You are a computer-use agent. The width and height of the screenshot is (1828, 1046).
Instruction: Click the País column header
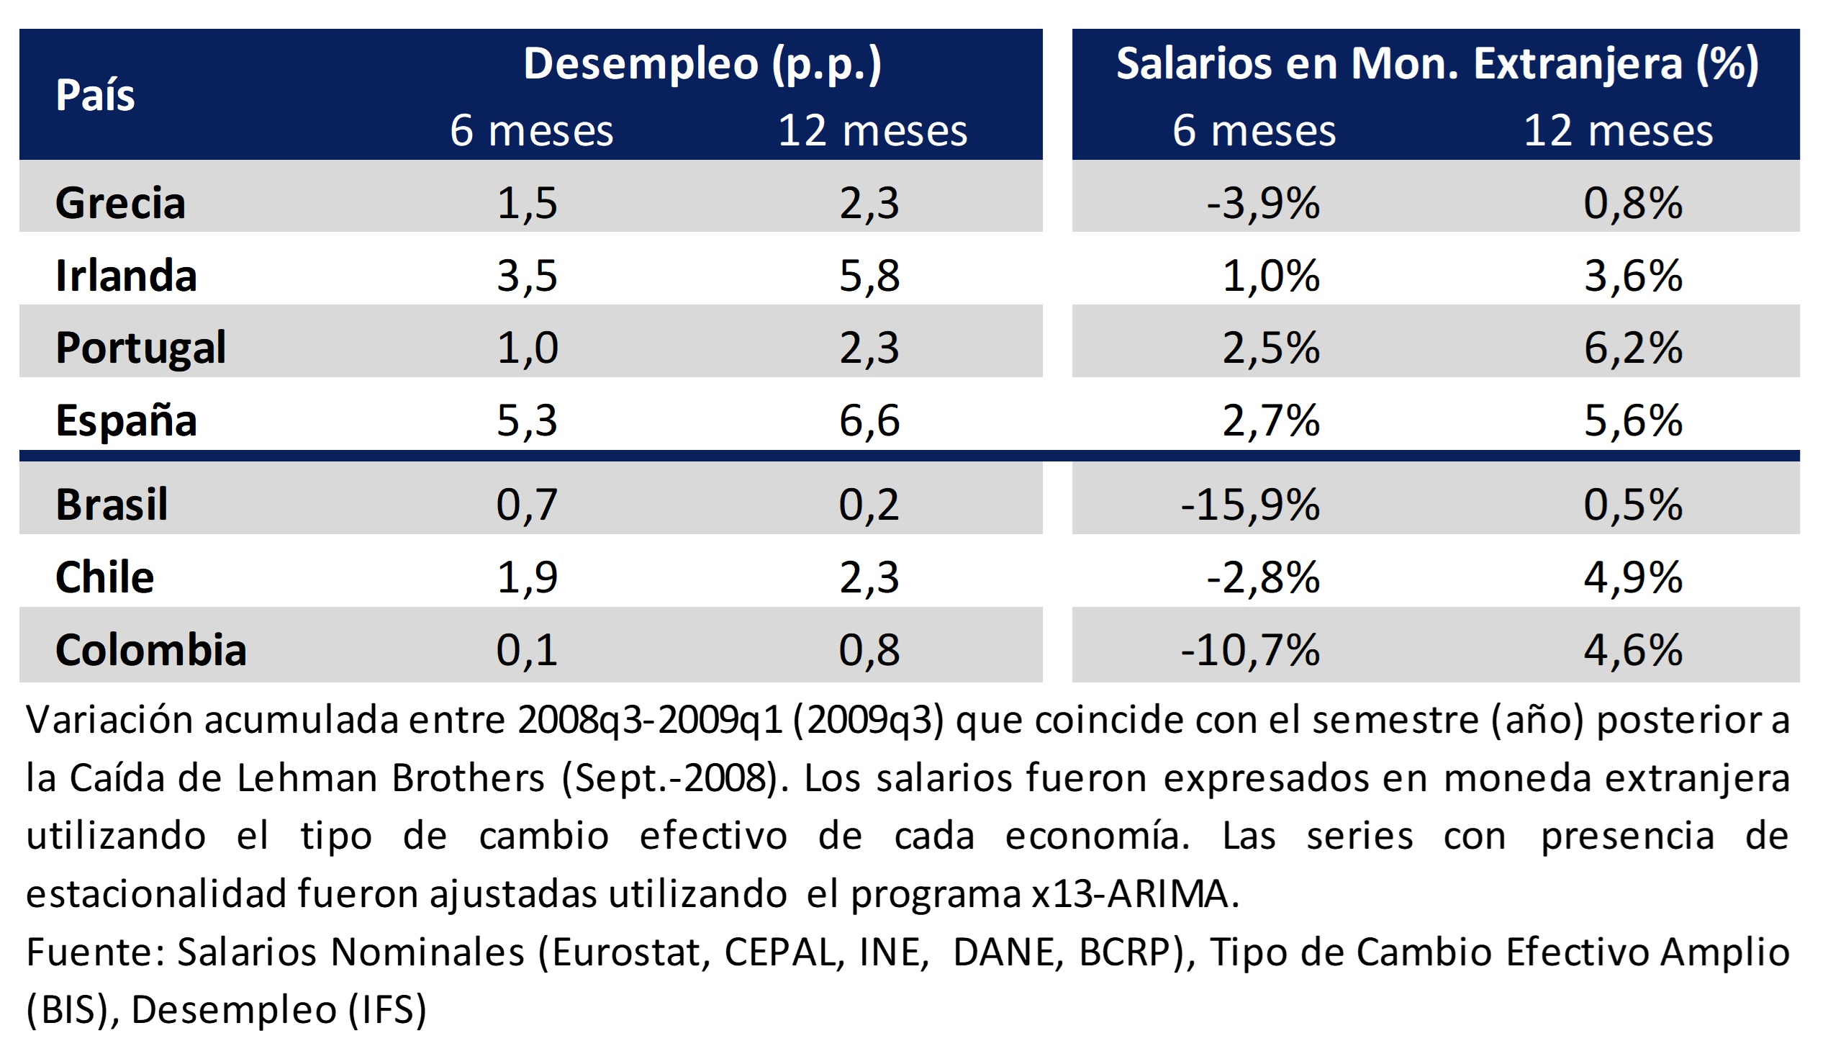pyautogui.click(x=95, y=95)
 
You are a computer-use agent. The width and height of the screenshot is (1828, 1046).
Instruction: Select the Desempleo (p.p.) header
pyautogui.click(x=702, y=63)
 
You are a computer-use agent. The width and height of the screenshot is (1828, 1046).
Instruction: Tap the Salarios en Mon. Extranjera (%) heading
pyautogui.click(x=1436, y=63)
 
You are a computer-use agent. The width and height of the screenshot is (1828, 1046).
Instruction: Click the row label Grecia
pyautogui.click(x=120, y=202)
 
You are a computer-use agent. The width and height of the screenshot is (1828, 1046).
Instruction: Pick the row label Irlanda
pyautogui.click(x=126, y=275)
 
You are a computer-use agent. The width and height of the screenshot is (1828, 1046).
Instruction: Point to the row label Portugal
pyautogui.click(x=140, y=348)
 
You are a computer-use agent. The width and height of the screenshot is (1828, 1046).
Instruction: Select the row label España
pyautogui.click(x=126, y=420)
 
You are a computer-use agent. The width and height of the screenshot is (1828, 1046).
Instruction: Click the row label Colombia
pyautogui.click(x=150, y=649)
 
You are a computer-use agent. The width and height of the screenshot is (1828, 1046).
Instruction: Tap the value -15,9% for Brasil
pyautogui.click(x=1250, y=504)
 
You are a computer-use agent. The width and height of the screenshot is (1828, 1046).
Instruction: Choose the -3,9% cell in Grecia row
pyautogui.click(x=1263, y=202)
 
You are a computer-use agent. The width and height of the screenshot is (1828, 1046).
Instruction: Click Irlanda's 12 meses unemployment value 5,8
pyautogui.click(x=869, y=275)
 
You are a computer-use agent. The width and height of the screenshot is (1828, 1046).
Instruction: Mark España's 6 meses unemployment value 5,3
pyautogui.click(x=527, y=420)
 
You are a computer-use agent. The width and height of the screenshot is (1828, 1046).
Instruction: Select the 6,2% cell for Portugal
pyautogui.click(x=1633, y=348)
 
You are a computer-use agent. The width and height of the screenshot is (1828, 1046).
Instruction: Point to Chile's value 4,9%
pyautogui.click(x=1633, y=577)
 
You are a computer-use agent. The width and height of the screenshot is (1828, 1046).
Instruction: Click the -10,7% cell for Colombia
pyautogui.click(x=1250, y=649)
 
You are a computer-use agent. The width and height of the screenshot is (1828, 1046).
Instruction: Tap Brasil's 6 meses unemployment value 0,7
pyautogui.click(x=527, y=504)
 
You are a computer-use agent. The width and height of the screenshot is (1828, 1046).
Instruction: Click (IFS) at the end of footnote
pyautogui.click(x=388, y=1009)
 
